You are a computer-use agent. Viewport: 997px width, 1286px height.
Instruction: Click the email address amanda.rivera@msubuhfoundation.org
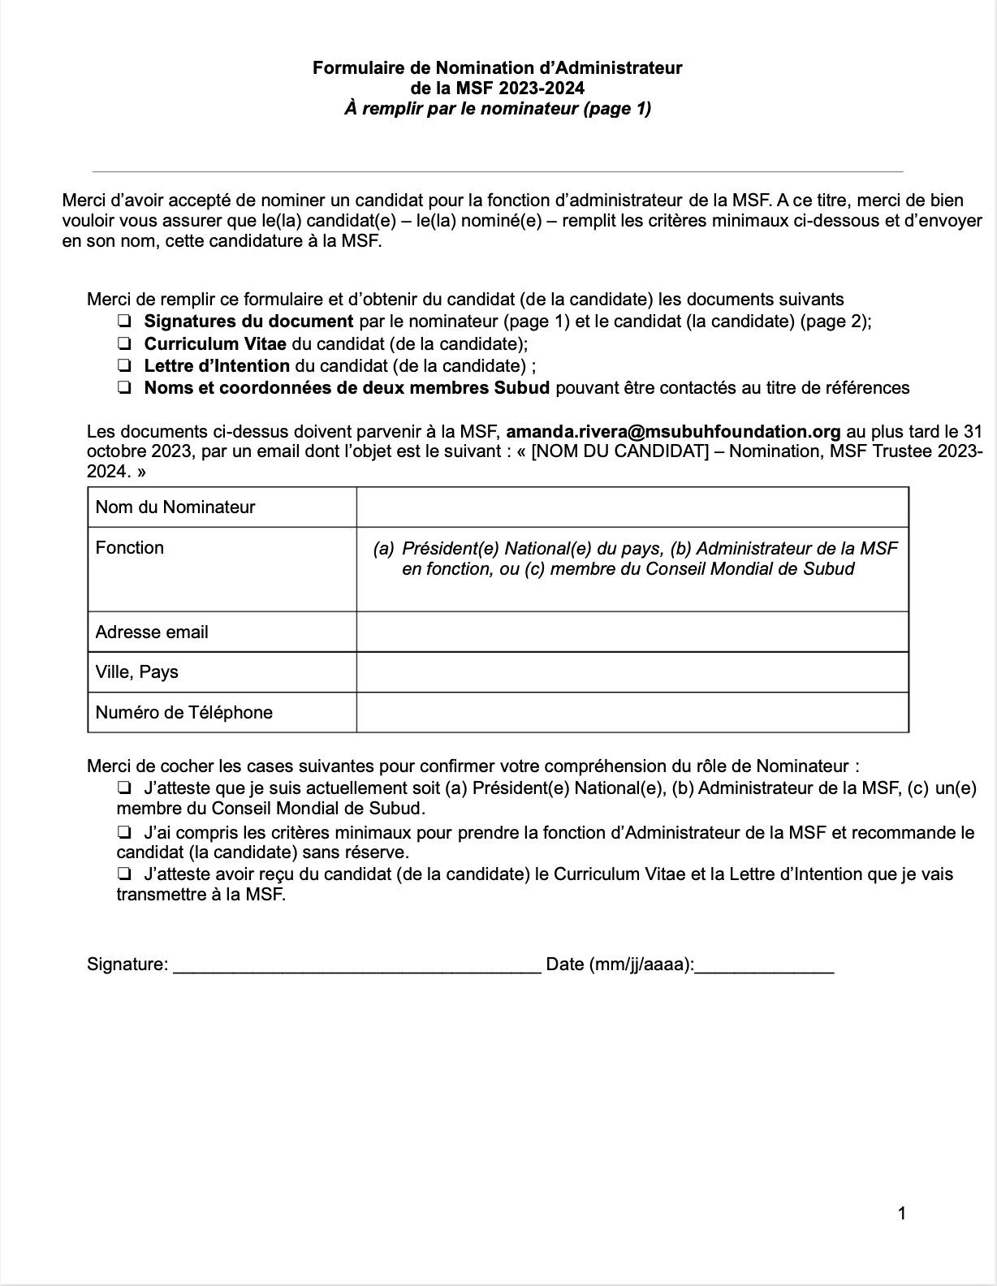(x=674, y=431)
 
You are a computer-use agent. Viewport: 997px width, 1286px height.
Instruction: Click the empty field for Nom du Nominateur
(x=632, y=507)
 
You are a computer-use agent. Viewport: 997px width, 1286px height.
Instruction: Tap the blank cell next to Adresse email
(x=632, y=632)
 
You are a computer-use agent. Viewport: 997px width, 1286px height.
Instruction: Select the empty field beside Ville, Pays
(x=632, y=671)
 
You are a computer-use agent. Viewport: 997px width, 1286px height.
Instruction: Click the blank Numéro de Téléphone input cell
(x=632, y=712)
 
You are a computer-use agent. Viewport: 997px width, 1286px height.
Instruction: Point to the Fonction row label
(x=130, y=548)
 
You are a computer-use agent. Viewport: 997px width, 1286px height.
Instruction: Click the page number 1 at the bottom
(x=902, y=1214)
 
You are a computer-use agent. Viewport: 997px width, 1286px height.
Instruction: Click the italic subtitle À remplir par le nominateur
(x=497, y=108)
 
